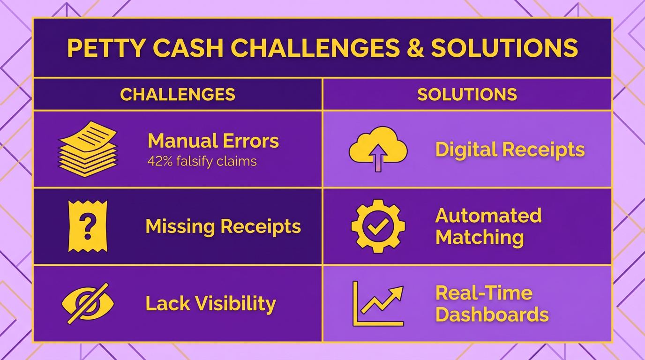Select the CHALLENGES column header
(x=178, y=94)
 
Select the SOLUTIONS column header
(x=467, y=94)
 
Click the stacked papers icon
(x=88, y=149)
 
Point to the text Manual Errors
(x=213, y=141)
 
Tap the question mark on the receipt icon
(x=88, y=225)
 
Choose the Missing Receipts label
(x=223, y=226)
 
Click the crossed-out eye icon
(x=88, y=303)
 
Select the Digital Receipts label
(x=510, y=150)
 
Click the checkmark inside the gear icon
(x=378, y=226)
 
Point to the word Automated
(x=488, y=216)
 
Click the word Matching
(x=480, y=237)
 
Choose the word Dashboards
(x=492, y=314)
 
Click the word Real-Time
(x=484, y=293)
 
